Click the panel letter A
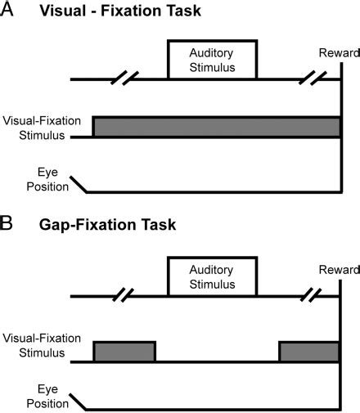[9, 11]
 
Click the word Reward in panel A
[337, 53]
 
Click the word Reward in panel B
[337, 270]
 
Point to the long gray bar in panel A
[217, 127]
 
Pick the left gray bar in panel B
[124, 351]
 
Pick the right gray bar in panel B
[309, 351]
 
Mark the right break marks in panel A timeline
[315, 79]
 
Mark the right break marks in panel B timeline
[315, 295]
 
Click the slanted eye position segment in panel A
[79, 185]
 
